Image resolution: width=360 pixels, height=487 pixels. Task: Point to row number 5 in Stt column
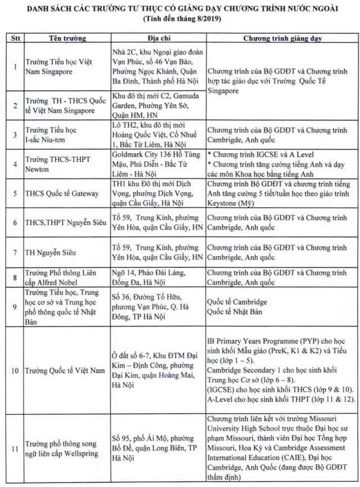tap(12, 193)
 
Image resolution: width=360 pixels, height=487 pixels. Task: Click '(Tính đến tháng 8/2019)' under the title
tap(179, 19)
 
